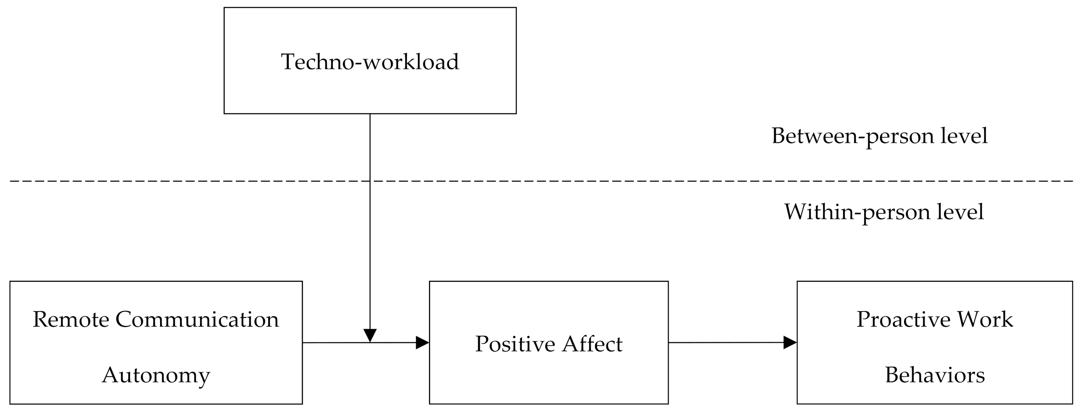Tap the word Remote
[71, 320]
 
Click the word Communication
[197, 320]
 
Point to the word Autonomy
[156, 375]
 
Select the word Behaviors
[934, 375]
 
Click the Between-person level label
[879, 136]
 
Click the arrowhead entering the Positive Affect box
[422, 343]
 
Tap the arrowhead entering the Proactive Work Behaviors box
[790, 342]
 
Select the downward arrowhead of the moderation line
[370, 335]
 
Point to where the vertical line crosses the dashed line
[370, 181]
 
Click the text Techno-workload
[370, 62]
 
